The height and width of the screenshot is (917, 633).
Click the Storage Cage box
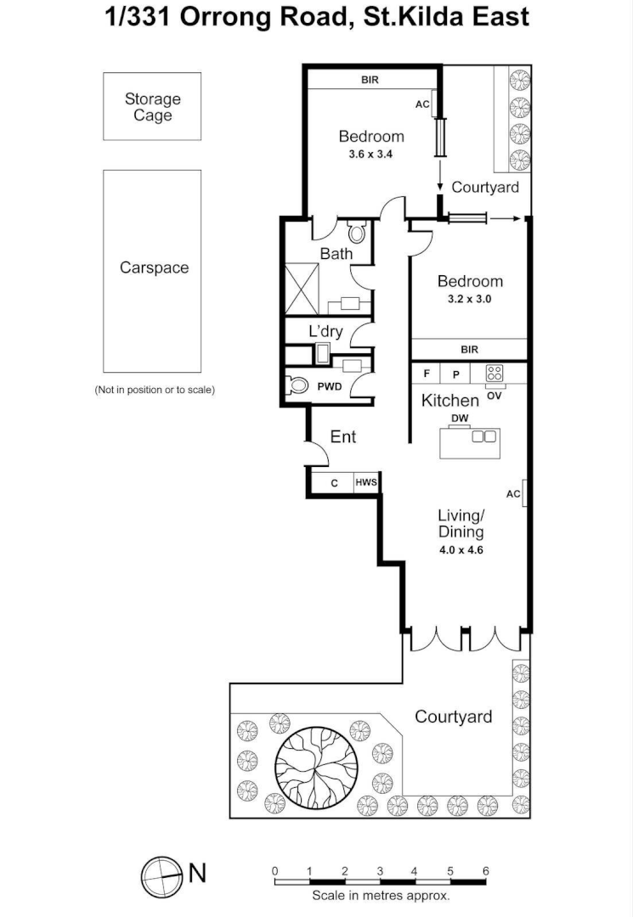pyautogui.click(x=152, y=107)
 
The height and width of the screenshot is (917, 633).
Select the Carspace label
pyautogui.click(x=154, y=267)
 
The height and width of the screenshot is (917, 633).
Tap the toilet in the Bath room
pyautogui.click(x=357, y=231)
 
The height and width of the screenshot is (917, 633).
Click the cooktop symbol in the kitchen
pyautogui.click(x=495, y=373)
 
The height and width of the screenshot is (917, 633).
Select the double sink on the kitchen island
pyautogui.click(x=483, y=436)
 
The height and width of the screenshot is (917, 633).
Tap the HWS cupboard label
pyautogui.click(x=366, y=483)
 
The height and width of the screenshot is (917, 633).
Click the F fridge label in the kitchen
pyautogui.click(x=427, y=374)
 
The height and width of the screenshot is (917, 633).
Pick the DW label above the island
pyautogui.click(x=460, y=419)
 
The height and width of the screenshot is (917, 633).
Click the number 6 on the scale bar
pyautogui.click(x=485, y=871)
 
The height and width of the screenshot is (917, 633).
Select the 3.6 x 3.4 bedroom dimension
pyautogui.click(x=371, y=155)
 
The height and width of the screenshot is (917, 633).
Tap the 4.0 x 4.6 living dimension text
pyautogui.click(x=461, y=549)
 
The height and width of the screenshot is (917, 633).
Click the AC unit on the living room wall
pyautogui.click(x=524, y=493)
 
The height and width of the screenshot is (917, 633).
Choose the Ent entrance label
pyautogui.click(x=343, y=436)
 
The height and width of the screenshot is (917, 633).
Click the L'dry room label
pyautogui.click(x=325, y=331)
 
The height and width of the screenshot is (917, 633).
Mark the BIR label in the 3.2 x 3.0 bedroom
pyautogui.click(x=469, y=349)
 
